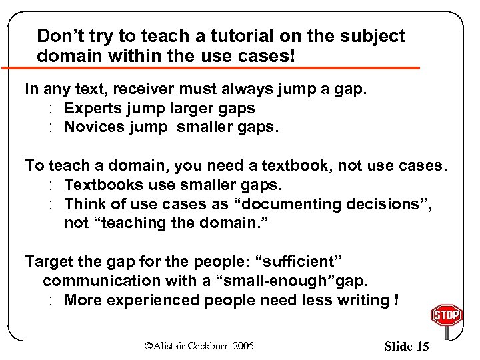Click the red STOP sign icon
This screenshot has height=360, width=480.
point(447,315)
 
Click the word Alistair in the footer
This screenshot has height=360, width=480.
point(173,345)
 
